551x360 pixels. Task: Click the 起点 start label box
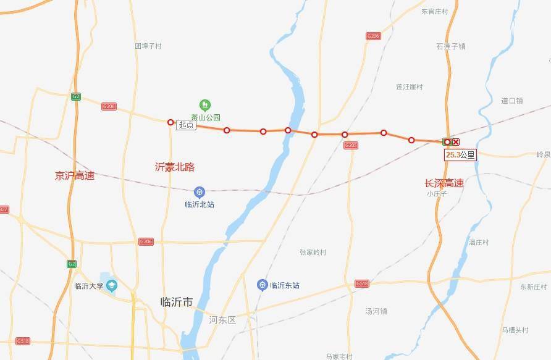[x=186, y=125]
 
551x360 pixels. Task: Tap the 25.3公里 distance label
[x=460, y=154]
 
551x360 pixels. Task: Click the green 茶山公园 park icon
[x=205, y=105]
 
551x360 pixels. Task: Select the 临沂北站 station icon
[x=200, y=192]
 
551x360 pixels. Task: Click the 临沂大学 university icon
[x=111, y=285]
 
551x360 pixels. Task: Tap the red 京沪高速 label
[x=75, y=175]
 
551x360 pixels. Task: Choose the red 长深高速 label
[x=444, y=183]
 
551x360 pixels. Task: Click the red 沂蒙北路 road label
[x=175, y=167]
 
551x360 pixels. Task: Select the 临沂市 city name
[x=176, y=302]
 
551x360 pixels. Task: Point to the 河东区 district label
[x=222, y=320]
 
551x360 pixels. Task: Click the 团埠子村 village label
[x=148, y=46]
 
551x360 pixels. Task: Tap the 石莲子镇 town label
[x=450, y=46]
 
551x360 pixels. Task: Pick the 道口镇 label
[x=512, y=101]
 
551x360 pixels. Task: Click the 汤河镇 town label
[x=376, y=311]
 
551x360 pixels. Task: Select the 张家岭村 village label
[x=313, y=252]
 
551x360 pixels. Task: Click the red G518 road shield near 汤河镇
[x=362, y=283]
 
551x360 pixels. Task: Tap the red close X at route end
[x=456, y=142]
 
